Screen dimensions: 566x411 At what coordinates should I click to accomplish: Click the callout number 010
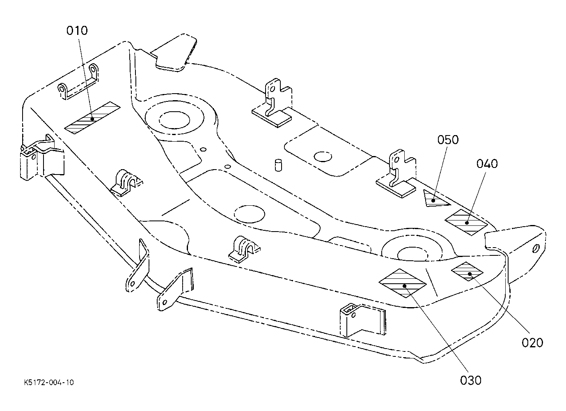(77, 30)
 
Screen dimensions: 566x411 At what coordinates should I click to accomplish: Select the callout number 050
(448, 140)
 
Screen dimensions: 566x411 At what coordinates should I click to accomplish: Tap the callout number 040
(487, 164)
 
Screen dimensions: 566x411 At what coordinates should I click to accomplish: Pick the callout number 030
(471, 381)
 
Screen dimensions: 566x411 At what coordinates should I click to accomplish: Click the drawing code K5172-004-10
(49, 382)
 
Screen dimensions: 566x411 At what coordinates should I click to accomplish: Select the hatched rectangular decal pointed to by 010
(92, 118)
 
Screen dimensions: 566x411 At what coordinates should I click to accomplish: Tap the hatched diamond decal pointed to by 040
(466, 223)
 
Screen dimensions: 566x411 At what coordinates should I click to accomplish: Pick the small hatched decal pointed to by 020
(467, 271)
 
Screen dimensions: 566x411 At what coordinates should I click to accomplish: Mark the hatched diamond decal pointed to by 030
(403, 283)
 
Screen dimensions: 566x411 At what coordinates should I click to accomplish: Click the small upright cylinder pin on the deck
(278, 165)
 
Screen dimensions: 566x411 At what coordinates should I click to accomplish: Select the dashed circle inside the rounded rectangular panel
(323, 157)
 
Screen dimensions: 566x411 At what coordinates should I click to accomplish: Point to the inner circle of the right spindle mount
(412, 254)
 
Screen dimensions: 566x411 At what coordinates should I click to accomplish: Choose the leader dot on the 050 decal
(433, 201)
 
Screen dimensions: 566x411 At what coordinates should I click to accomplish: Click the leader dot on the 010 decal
(92, 119)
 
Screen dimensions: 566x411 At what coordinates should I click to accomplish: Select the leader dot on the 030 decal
(405, 286)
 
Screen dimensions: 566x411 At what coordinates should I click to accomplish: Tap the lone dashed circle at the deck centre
(250, 214)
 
